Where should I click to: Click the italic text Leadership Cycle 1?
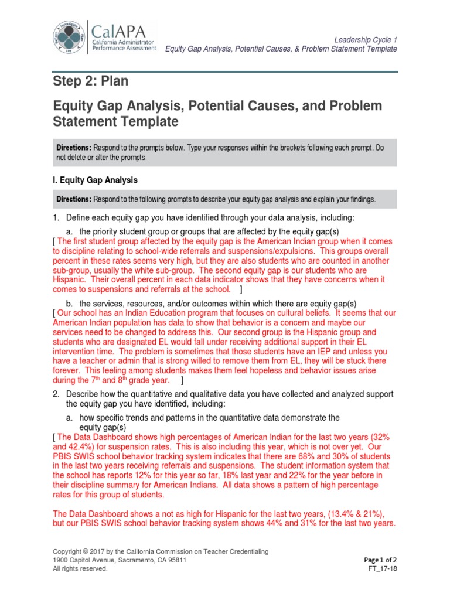pyautogui.click(x=365, y=39)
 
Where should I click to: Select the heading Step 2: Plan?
pyautogui.click(x=90, y=81)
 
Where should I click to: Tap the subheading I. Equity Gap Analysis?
pyautogui.click(x=95, y=180)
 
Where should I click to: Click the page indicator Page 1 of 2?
pyautogui.click(x=380, y=560)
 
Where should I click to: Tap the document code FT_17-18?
pyautogui.click(x=383, y=568)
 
